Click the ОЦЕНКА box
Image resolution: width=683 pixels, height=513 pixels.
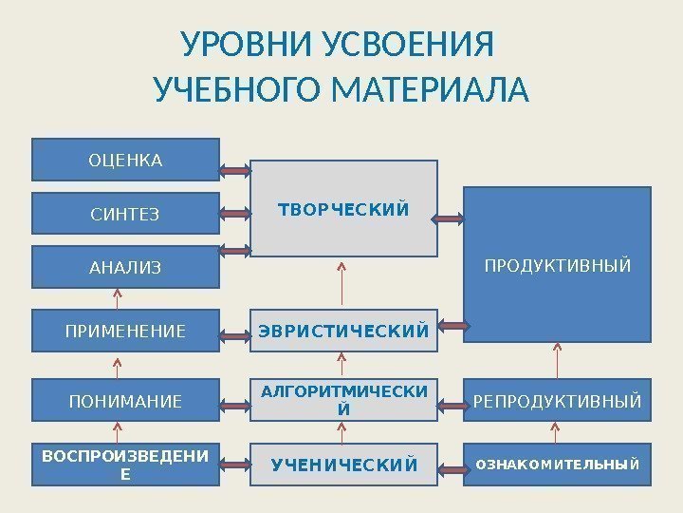(x=126, y=160)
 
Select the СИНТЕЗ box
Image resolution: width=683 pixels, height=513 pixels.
(x=126, y=214)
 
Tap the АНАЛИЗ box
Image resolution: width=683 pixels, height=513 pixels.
(x=126, y=267)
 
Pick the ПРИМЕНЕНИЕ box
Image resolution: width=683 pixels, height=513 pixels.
(x=126, y=332)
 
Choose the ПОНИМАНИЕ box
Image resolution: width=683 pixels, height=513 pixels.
(x=126, y=401)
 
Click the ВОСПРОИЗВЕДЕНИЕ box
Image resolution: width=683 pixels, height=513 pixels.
(x=126, y=465)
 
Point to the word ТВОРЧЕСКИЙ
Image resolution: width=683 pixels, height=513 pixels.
(x=343, y=208)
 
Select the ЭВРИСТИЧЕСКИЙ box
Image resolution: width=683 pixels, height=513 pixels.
(x=343, y=332)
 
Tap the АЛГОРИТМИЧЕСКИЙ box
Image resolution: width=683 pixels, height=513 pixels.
(x=343, y=400)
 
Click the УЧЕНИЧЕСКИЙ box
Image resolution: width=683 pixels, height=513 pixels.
(x=343, y=465)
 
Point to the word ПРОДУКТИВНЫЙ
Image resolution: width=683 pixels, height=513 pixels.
(x=558, y=265)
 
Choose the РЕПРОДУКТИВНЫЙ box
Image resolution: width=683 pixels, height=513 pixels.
(x=558, y=401)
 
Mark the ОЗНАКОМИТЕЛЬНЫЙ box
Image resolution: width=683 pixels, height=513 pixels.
(x=558, y=465)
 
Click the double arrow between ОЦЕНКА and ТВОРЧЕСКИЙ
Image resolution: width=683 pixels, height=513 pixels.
(x=234, y=171)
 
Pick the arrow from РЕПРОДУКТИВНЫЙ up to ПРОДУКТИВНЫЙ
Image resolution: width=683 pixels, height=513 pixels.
(x=558, y=361)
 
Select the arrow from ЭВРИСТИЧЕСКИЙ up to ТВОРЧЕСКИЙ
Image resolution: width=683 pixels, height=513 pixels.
(x=342, y=282)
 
